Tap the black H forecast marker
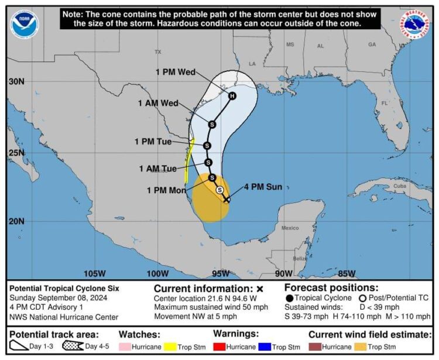(232, 96)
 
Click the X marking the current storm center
(227, 199)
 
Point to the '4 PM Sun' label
(263, 187)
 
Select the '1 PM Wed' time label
(176, 72)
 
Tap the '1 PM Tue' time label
(153, 141)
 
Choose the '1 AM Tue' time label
(158, 169)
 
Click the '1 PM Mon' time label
(166, 190)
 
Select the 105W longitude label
(94, 273)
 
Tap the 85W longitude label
(347, 273)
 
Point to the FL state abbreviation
(385, 103)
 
